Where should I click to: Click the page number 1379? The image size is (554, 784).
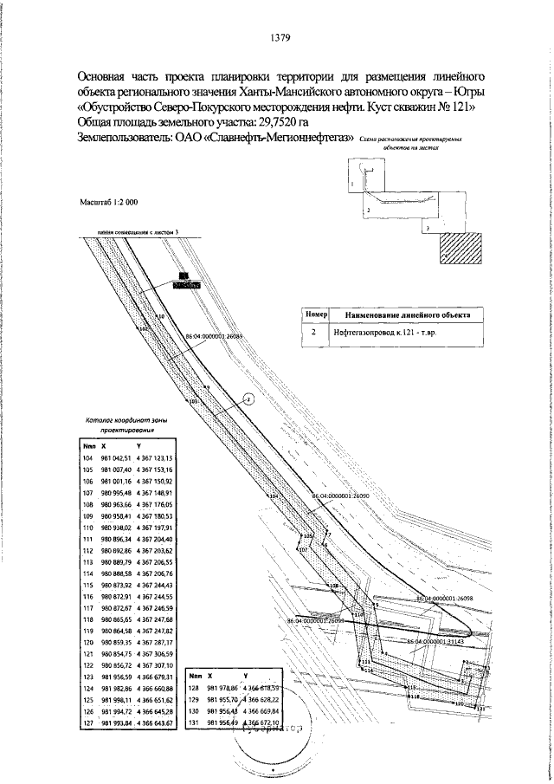click(279, 37)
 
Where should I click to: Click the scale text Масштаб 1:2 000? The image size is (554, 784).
click(108, 202)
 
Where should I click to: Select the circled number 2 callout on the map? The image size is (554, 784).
click(248, 398)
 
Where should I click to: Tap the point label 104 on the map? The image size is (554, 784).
click(272, 496)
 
